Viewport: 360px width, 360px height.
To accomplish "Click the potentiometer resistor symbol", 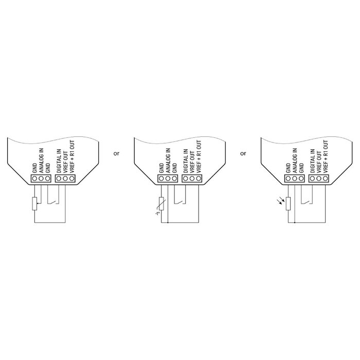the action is point(34,204).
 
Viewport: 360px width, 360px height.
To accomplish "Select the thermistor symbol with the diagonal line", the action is point(161,204).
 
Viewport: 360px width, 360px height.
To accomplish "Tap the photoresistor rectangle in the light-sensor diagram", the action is point(288,204).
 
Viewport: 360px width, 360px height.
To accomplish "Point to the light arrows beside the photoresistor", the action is point(281,202).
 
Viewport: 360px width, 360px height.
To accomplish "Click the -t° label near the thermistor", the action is point(157,213).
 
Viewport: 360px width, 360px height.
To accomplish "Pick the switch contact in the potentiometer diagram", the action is point(53,202).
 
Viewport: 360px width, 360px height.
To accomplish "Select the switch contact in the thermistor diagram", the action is point(180,202).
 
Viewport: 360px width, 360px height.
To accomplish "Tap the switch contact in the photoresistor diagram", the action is point(307,202).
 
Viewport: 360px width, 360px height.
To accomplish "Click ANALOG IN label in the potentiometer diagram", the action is point(41,160).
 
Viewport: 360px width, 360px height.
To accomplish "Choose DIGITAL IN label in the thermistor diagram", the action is point(186,161).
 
